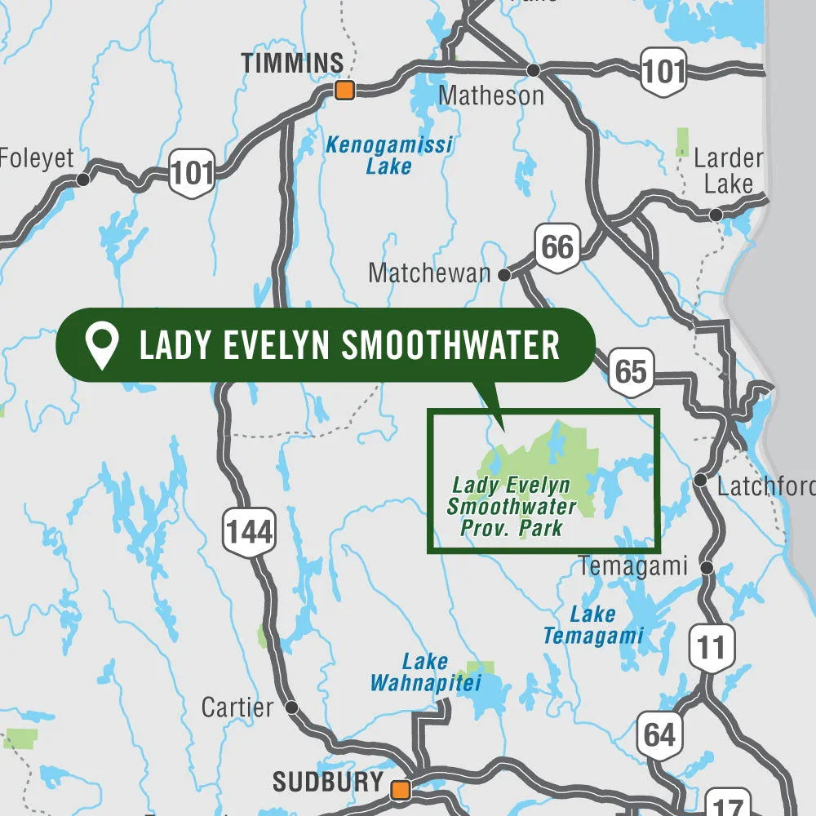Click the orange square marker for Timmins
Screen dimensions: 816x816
[x=345, y=90]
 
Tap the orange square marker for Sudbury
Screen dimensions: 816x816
[x=400, y=789]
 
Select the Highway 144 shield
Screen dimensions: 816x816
[x=249, y=532]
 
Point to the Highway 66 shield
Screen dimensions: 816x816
[x=557, y=245]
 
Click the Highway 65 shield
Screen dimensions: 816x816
[x=630, y=371]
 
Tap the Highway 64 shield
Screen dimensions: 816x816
[x=659, y=734]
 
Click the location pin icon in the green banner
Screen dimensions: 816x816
[x=102, y=345]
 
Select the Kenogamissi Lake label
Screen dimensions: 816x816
[x=388, y=155]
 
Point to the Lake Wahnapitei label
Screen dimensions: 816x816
[x=425, y=672]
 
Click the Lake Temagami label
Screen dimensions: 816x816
[x=593, y=625]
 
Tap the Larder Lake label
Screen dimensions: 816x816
[x=728, y=171]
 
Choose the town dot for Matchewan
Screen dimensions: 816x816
[x=504, y=275]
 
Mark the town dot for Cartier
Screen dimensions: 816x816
[x=291, y=707]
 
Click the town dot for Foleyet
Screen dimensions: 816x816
[x=82, y=180]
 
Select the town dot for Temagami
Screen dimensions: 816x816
[x=707, y=566]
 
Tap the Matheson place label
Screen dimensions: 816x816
[x=490, y=95]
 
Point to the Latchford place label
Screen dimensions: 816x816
[x=765, y=486]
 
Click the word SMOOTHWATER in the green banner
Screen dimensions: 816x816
[x=450, y=345]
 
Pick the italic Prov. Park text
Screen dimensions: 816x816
[x=512, y=527]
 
